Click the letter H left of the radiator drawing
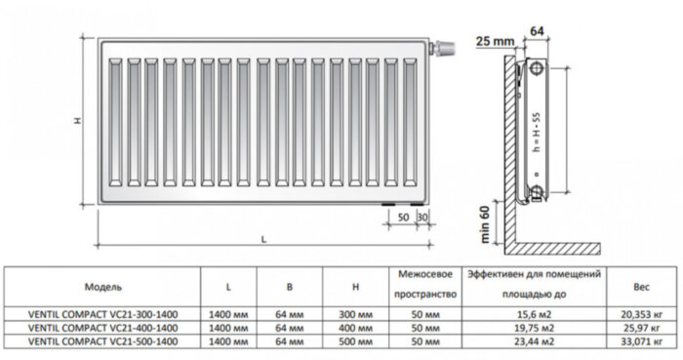point(78,121)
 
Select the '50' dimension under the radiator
point(402,216)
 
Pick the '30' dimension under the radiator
point(422,216)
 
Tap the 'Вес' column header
point(640,289)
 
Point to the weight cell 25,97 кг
point(640,330)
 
